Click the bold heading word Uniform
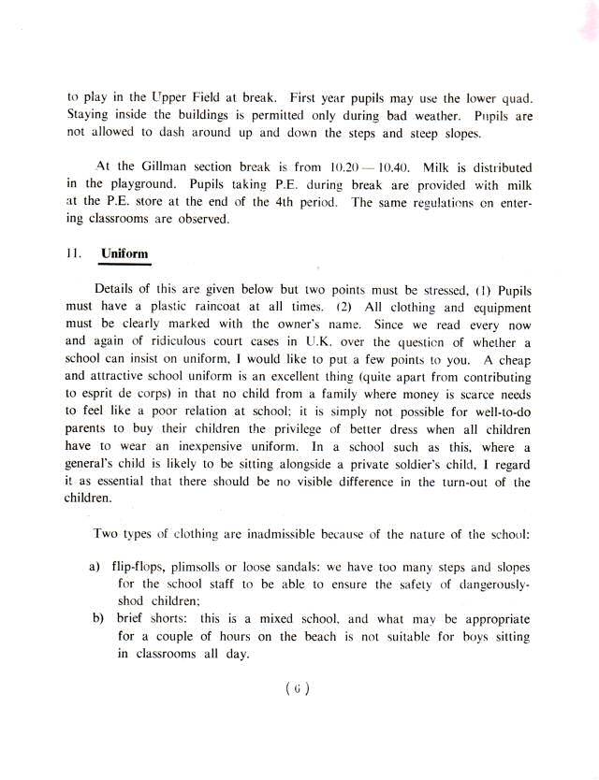click(x=124, y=253)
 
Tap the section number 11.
click(x=74, y=253)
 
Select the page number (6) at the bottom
click(x=298, y=690)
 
